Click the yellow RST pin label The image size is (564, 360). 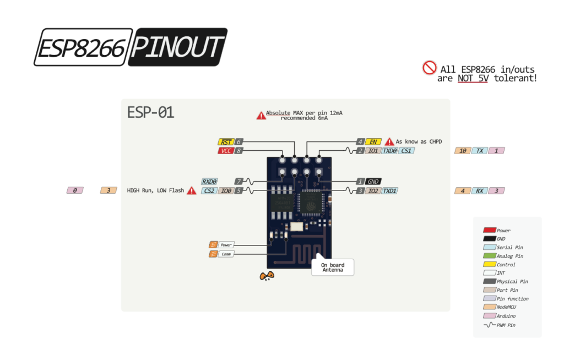point(226,142)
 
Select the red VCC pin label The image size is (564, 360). point(225,150)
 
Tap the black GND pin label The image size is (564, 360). point(373,181)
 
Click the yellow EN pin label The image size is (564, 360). point(373,142)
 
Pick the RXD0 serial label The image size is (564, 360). point(209,181)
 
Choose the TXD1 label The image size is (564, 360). point(389,191)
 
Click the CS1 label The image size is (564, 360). point(406,150)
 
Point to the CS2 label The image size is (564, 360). point(209,191)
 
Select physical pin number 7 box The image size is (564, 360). point(238,181)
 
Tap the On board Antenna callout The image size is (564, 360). point(333,268)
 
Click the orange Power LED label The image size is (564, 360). point(226,244)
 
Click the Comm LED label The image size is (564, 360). point(226,254)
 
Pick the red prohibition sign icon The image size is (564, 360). point(430,68)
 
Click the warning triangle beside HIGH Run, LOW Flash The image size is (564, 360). point(192,191)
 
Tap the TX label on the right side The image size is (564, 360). point(480,150)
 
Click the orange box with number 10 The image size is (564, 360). point(463,150)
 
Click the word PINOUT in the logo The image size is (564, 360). point(177,48)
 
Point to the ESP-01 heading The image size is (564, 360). point(150,112)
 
